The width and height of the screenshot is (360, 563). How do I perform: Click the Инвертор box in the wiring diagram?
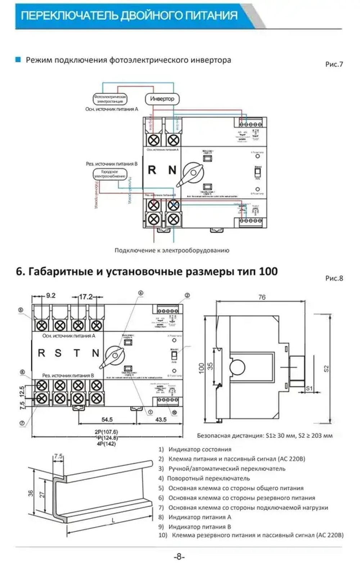point(162,99)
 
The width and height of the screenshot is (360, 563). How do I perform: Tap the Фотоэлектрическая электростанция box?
point(110,99)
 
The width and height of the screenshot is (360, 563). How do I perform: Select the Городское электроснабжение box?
point(109,174)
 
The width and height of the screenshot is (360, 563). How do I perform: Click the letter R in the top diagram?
point(152,170)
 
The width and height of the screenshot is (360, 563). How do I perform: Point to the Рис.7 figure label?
point(334,64)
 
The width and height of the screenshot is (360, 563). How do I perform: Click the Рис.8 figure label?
point(334,278)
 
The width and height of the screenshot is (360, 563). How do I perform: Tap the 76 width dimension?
point(262,297)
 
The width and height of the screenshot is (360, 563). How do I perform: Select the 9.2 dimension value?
point(51,296)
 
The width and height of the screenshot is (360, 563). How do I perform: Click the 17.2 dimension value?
point(86,297)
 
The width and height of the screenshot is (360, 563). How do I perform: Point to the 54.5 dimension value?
point(107,419)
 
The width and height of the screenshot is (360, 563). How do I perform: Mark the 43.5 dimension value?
point(161,419)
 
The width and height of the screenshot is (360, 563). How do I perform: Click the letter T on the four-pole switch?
point(77,353)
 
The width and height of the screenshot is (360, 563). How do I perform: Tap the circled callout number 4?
point(141,293)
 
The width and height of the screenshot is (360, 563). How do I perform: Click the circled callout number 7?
point(22,423)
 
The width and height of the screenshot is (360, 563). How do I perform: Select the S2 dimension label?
point(327,368)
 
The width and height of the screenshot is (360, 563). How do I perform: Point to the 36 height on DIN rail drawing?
point(31,493)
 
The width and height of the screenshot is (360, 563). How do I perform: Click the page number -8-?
point(179,557)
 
